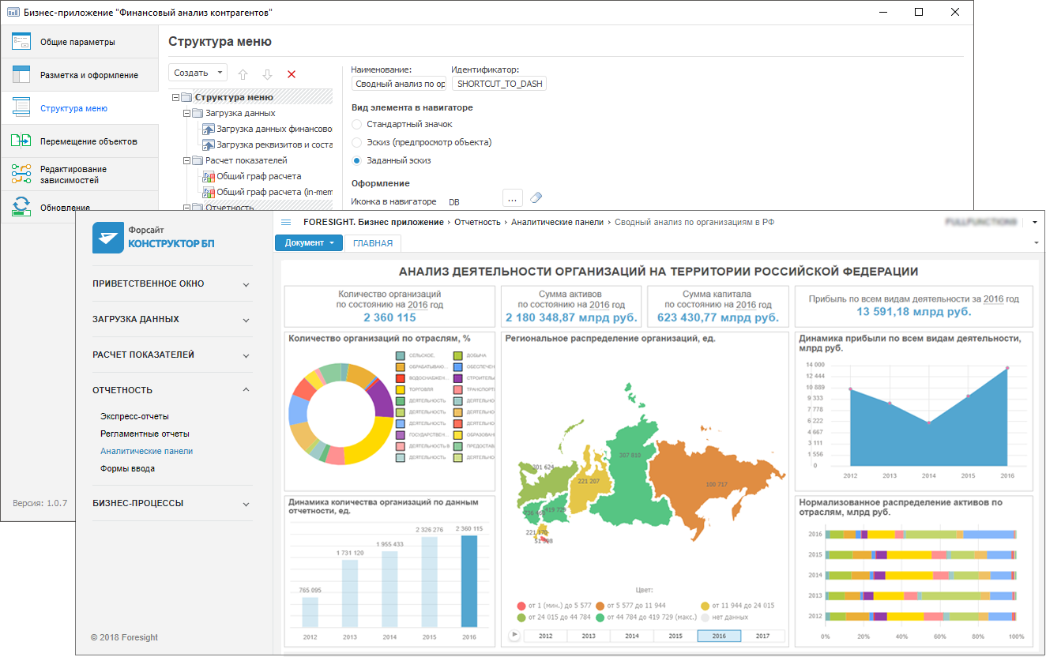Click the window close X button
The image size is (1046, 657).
[955, 12]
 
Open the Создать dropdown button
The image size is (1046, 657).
[198, 73]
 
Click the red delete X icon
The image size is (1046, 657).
[292, 74]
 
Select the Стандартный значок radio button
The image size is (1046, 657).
[357, 125]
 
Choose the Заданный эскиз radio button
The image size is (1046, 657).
[357, 161]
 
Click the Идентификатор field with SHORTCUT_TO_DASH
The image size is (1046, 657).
[499, 84]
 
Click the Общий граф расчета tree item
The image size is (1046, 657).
[258, 177]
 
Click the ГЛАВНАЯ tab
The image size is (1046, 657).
[373, 243]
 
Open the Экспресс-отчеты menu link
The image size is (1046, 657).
[134, 416]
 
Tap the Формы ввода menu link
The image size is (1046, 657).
[127, 468]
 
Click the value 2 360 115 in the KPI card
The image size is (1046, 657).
[390, 317]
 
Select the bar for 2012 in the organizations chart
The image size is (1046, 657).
[310, 613]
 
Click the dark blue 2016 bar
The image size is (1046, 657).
[469, 581]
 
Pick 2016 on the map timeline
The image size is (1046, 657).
[719, 636]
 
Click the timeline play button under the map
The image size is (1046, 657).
[514, 635]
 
